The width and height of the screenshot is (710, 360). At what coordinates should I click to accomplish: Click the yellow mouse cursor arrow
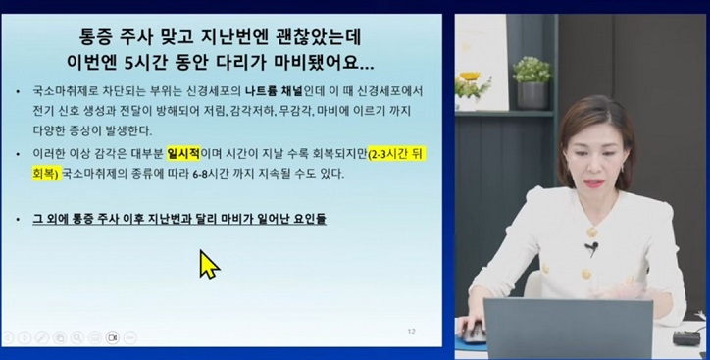pos(209,264)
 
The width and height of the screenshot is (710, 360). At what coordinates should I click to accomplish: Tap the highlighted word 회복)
pos(43,175)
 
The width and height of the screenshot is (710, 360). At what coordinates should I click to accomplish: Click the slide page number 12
pos(411,332)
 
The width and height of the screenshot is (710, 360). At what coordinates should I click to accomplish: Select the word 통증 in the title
pos(103,36)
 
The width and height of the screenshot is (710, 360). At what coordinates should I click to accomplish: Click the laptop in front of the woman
pos(567,329)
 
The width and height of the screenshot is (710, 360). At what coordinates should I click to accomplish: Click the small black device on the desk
pos(684,337)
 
